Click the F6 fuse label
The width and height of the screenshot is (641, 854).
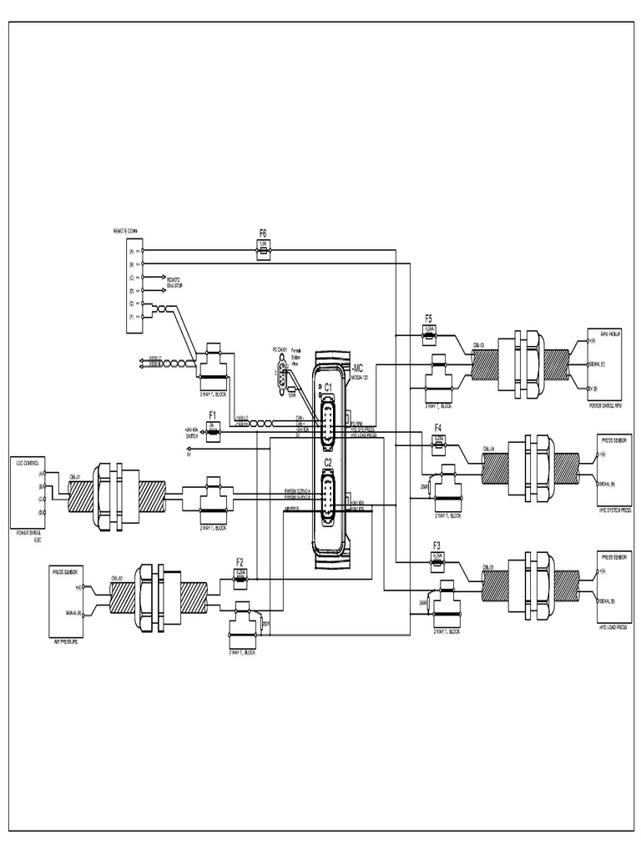[263, 234]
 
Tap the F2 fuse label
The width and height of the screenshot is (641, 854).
[240, 561]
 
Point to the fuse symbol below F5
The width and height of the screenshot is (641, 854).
[429, 330]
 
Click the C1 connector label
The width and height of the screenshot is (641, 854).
[328, 387]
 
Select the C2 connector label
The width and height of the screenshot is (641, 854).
[328, 462]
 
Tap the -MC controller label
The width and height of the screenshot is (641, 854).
[357, 367]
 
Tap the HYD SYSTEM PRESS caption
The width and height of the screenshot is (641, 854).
[614, 508]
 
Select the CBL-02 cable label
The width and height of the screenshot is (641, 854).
[117, 576]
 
